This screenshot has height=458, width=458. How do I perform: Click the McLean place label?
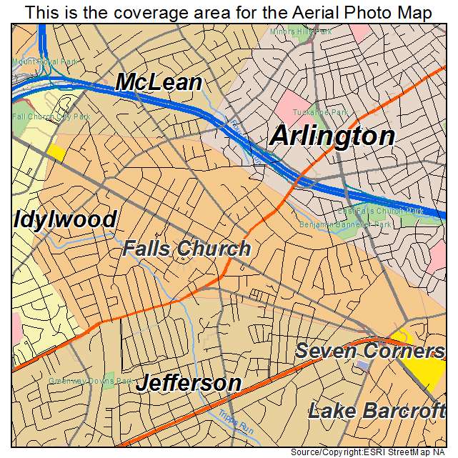[x=159, y=81]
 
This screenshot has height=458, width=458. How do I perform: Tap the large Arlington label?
[x=332, y=136]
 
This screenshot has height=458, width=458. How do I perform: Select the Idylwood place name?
[x=64, y=219]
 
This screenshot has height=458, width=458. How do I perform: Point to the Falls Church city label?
[x=186, y=249]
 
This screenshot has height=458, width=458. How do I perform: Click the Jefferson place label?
[x=189, y=383]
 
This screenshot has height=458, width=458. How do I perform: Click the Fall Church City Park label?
[x=41, y=116]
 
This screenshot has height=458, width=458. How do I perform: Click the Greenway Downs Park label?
[x=81, y=381]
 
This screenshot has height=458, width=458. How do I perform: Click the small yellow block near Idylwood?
[x=56, y=152]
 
